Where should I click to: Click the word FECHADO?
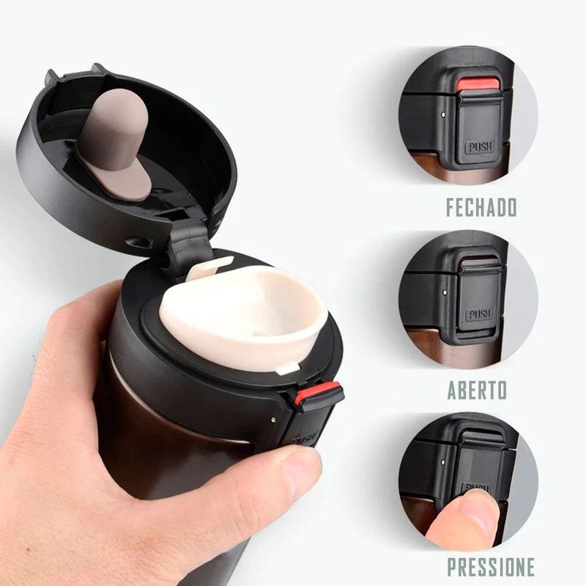(x=481, y=207)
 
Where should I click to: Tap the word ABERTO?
(x=478, y=390)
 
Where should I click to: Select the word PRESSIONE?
(x=491, y=567)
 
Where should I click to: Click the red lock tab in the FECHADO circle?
(x=479, y=84)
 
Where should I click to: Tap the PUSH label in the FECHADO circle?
(x=480, y=146)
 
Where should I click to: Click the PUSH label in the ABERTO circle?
(x=479, y=314)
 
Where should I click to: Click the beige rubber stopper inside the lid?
(x=115, y=142)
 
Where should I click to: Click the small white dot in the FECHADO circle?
(x=443, y=115)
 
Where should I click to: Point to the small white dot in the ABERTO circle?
(x=445, y=292)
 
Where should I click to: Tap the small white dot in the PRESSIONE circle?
(x=443, y=462)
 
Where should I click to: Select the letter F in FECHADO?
(x=452, y=207)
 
